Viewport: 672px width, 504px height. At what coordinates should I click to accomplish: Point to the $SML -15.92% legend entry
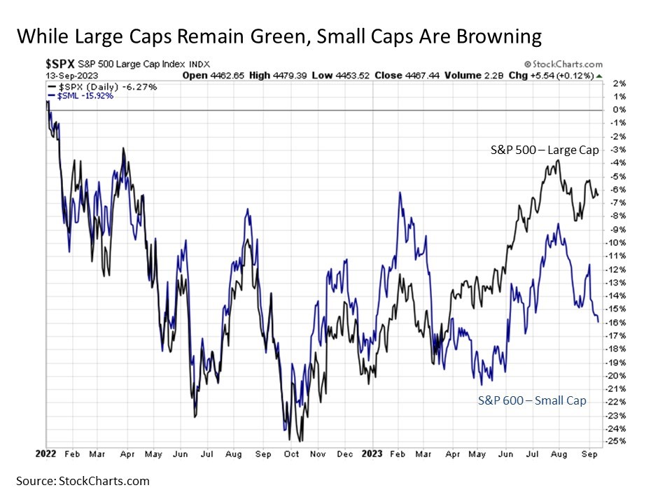point(81,95)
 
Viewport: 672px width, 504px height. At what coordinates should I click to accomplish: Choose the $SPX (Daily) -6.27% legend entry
point(102,86)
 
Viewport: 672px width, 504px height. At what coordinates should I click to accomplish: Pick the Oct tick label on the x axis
point(291,454)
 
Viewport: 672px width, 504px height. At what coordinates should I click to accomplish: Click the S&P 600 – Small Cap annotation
point(532,400)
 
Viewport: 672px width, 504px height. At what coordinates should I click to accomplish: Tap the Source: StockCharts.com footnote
point(83,481)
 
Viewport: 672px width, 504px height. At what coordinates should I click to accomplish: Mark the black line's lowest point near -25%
point(300,441)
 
